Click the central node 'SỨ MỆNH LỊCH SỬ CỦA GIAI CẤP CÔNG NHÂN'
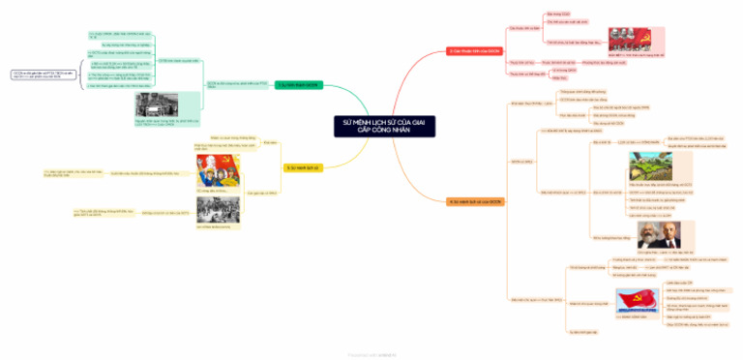[371, 125]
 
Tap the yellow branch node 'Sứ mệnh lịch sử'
[302, 167]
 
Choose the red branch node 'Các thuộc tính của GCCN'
[476, 49]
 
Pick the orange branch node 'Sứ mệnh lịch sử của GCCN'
[476, 201]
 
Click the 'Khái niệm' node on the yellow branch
[269, 142]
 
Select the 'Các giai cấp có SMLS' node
[262, 193]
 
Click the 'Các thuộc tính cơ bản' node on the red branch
[522, 28]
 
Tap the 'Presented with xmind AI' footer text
[371, 354]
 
